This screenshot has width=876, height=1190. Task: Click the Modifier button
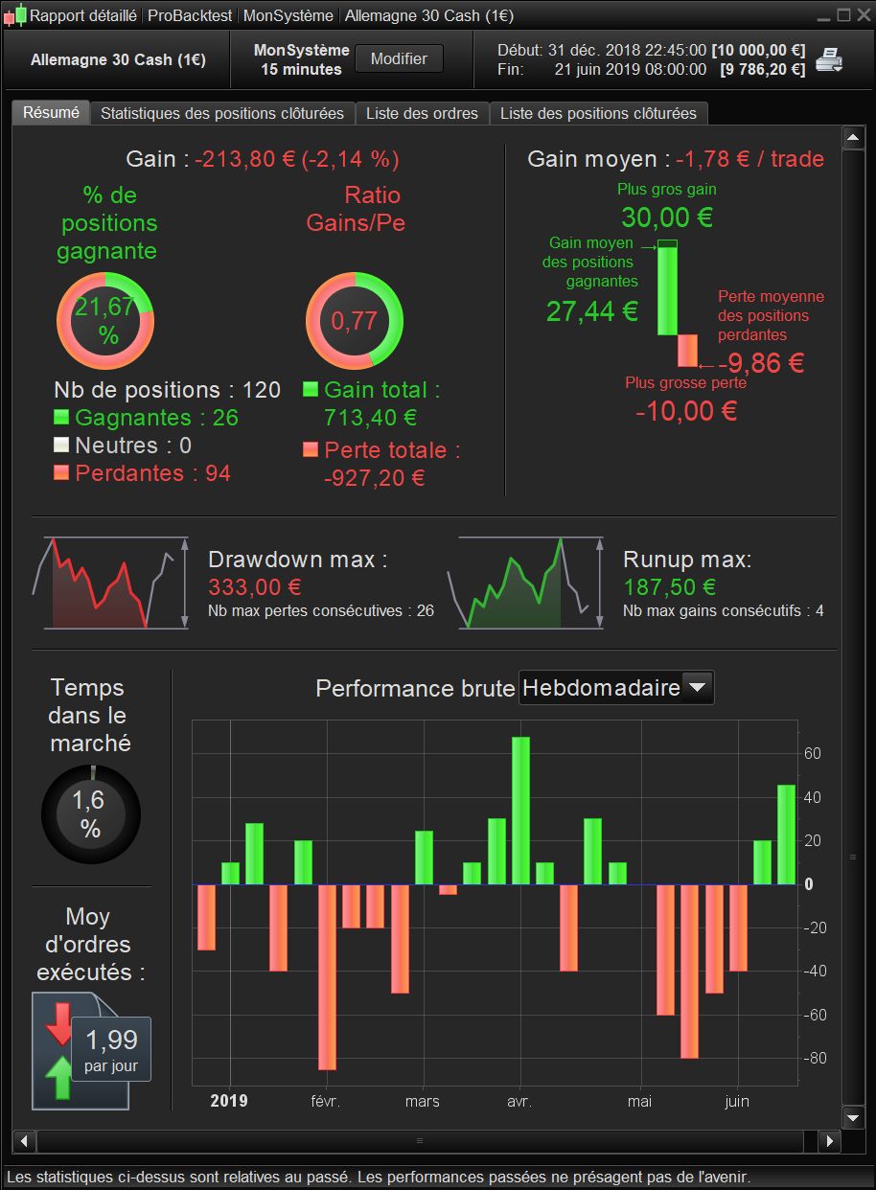click(399, 58)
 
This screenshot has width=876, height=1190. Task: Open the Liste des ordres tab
click(422, 113)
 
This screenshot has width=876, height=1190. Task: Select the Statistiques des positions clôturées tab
click(221, 113)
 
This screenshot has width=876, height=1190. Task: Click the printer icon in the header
click(829, 60)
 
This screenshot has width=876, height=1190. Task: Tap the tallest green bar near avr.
click(520, 810)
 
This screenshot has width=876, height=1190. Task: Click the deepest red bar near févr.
click(328, 976)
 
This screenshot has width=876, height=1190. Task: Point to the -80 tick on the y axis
click(813, 1059)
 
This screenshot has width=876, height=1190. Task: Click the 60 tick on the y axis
click(813, 754)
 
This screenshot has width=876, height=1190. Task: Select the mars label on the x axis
click(422, 1102)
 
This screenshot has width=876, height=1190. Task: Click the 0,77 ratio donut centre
click(355, 320)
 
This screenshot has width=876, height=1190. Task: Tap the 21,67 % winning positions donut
click(105, 320)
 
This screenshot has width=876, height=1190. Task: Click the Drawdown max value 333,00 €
click(255, 586)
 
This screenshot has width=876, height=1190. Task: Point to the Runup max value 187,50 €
click(670, 586)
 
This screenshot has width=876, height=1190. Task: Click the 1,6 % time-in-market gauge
click(91, 813)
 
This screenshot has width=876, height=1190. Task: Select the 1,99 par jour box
click(111, 1048)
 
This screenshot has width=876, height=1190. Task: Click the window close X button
click(863, 15)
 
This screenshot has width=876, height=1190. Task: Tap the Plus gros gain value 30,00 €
click(667, 217)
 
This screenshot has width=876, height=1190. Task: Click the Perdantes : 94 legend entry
click(152, 472)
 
